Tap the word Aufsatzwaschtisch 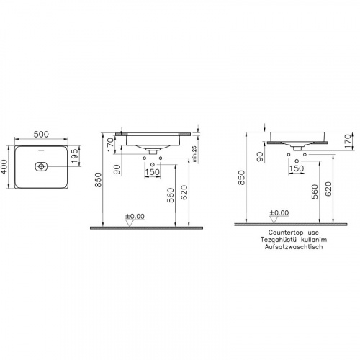coord(294,247)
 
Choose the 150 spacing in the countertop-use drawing coord(296,168)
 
